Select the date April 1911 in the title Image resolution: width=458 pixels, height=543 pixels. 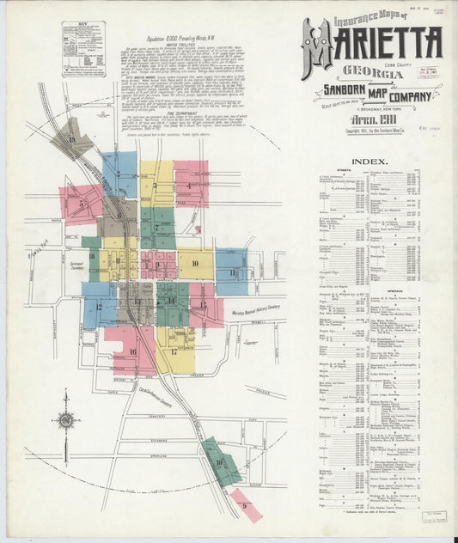pos(371,122)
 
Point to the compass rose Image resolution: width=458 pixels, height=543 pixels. pos(65,421)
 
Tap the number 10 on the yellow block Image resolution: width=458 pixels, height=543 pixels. pos(196,264)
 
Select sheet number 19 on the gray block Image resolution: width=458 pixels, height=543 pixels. pos(72,138)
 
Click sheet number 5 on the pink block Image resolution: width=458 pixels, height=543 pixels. pos(81,204)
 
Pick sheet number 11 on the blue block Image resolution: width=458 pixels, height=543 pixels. pos(232,271)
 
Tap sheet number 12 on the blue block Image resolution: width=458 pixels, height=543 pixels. pos(100,306)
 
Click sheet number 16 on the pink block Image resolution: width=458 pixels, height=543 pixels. pos(132,351)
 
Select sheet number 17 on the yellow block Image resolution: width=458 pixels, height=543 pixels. pos(174,351)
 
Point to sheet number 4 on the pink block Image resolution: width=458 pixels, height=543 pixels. pos(189,184)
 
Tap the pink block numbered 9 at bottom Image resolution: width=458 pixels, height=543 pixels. pos(245,505)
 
